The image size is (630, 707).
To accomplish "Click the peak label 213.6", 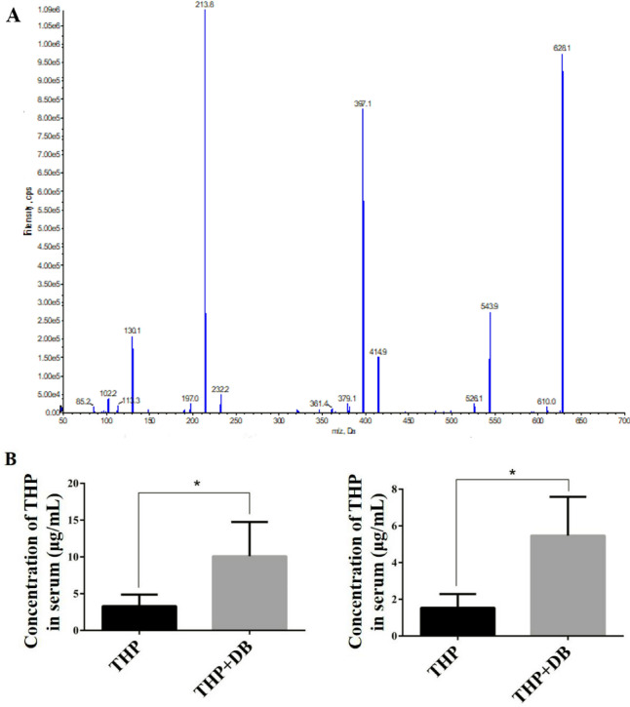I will point(205,5).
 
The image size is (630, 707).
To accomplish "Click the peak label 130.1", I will point(132,331).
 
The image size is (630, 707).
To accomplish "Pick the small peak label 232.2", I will point(220,388).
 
